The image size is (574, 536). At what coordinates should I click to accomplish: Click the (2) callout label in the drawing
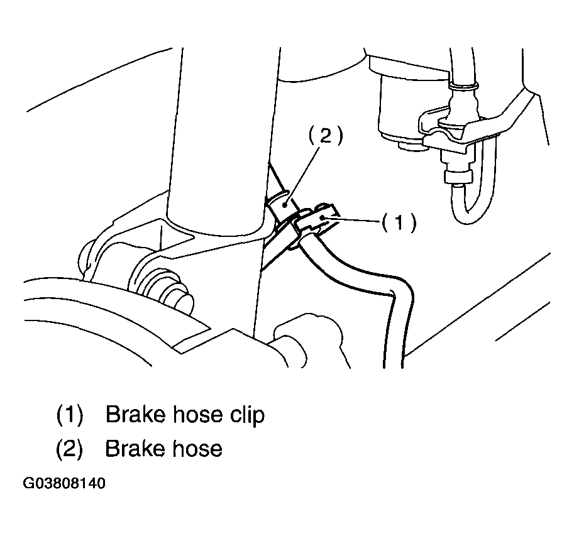(x=326, y=136)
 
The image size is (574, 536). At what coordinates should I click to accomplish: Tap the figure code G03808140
(x=64, y=483)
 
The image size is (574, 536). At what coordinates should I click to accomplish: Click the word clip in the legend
(x=247, y=415)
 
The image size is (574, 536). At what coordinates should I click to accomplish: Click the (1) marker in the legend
(x=70, y=415)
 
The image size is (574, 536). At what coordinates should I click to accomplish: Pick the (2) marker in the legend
(x=70, y=449)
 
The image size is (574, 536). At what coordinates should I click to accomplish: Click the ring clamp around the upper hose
(x=463, y=87)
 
